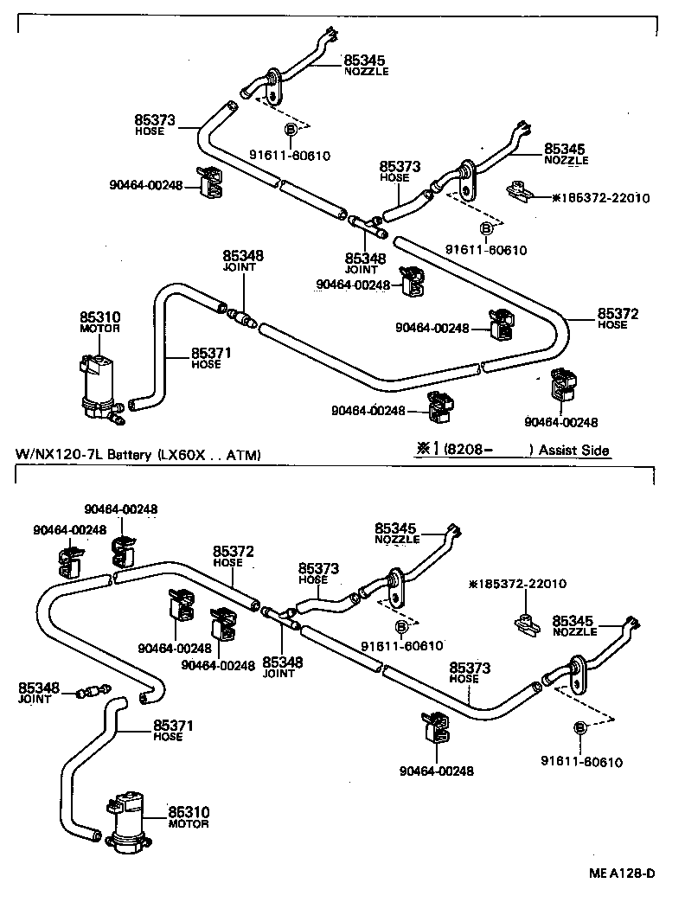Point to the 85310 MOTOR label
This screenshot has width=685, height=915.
(x=99, y=323)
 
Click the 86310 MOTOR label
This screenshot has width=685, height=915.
(x=189, y=817)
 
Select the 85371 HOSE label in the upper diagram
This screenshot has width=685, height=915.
(x=206, y=358)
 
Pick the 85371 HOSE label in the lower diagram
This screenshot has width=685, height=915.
(x=169, y=731)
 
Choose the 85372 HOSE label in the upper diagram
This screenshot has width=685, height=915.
(x=618, y=318)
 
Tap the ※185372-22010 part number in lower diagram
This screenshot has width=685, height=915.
(x=517, y=584)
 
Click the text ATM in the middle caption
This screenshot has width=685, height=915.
(x=243, y=454)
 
